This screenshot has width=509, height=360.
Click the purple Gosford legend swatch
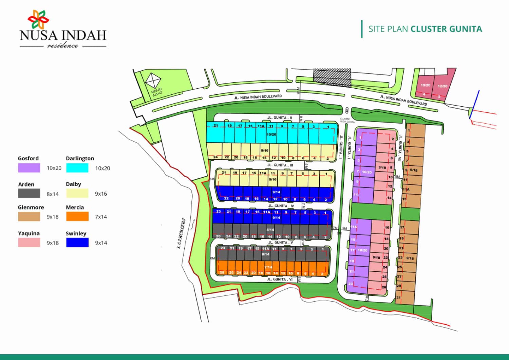[x=29, y=168]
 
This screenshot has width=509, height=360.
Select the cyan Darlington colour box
[x=77, y=168]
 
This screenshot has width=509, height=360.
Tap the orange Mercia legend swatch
[x=77, y=217]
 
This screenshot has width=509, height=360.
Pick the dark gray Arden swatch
[x=29, y=194]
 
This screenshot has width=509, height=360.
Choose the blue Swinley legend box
[x=77, y=242]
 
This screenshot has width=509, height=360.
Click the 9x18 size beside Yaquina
[x=53, y=243]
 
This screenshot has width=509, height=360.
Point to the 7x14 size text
[x=101, y=217]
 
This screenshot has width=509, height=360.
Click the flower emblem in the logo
[x=38, y=19]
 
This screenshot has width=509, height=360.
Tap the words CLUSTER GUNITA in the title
[x=446, y=29]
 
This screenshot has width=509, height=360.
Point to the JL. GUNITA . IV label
[x=281, y=206]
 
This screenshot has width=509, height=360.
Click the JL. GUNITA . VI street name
[x=280, y=279]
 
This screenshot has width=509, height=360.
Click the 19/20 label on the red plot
[x=425, y=85]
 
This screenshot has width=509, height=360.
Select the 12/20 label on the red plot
[x=442, y=86]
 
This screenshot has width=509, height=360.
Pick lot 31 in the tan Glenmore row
[x=398, y=298]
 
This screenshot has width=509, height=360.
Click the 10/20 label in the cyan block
[x=271, y=134]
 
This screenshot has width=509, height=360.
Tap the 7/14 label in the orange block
[x=268, y=267]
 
